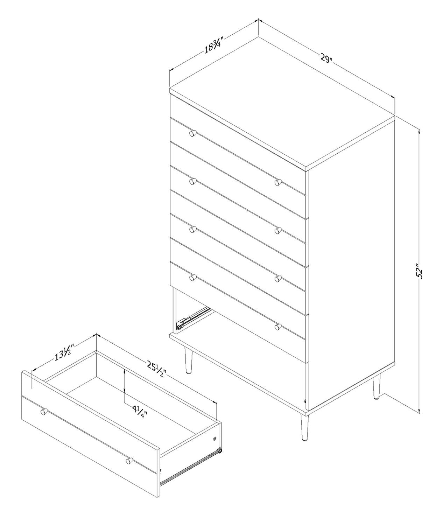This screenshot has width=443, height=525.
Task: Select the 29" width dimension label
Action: tap(326, 65)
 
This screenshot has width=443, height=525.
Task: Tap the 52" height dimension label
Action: tap(420, 271)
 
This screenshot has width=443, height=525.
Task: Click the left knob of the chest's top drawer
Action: tap(192, 133)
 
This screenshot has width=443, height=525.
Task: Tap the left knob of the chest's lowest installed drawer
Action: tap(192, 277)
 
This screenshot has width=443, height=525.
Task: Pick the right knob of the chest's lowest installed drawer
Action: tap(277, 327)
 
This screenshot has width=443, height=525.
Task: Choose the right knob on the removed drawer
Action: tap(129, 487)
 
